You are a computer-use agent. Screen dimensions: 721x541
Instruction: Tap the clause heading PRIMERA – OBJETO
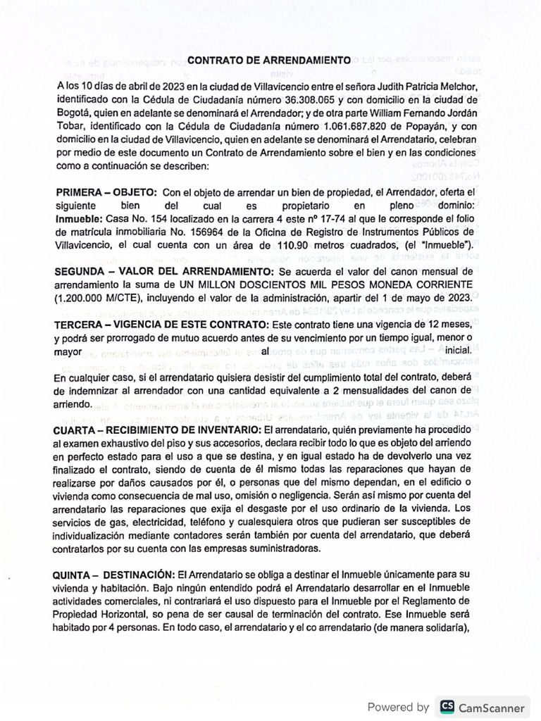[x=106, y=192]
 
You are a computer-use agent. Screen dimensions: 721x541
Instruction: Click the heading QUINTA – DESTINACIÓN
[x=114, y=575]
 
